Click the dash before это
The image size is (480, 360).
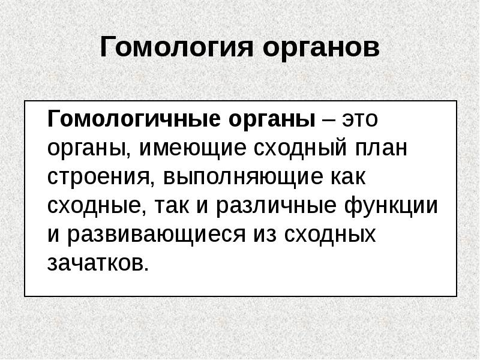(x=328, y=119)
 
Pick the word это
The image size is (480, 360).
(x=362, y=119)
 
